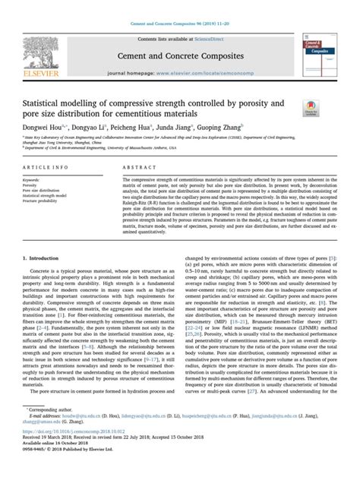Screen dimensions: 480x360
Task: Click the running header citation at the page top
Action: [x=180, y=6]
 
